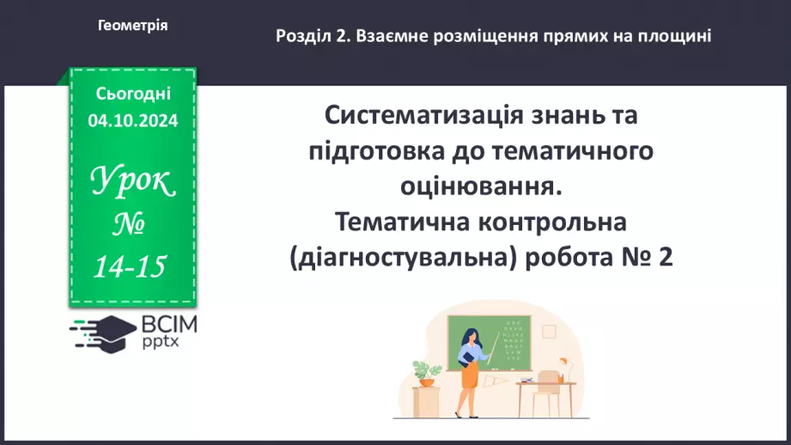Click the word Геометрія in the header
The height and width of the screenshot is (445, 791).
(x=133, y=26)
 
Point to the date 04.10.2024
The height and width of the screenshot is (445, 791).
(x=133, y=121)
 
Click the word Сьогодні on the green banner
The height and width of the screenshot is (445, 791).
(x=133, y=93)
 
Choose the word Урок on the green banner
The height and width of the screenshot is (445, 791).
(x=133, y=182)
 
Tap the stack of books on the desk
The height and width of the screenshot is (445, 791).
(x=527, y=379)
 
